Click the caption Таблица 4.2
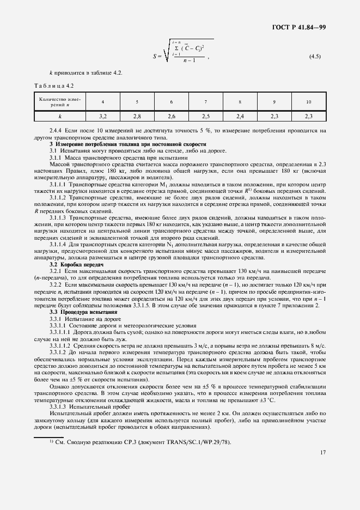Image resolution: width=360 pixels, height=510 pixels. coord(54,86)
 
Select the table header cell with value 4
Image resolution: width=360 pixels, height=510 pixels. coord(102,102)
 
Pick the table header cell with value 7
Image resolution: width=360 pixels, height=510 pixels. coord(205,102)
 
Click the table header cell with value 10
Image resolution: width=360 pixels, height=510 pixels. coord(309,102)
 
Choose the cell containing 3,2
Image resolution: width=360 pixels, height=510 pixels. coord(102,116)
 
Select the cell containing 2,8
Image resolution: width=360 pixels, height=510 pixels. coord(137,116)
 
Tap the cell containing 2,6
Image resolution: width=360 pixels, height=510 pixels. coord(171,116)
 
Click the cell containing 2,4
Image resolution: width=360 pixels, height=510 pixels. coord(240,116)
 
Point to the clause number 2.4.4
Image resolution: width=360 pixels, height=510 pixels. coord(56,131)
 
